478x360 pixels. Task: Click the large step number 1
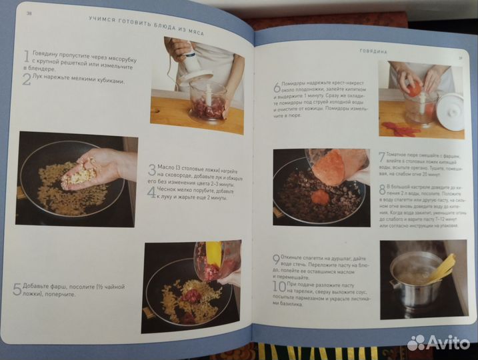(25, 58)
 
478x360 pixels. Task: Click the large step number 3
(151, 171)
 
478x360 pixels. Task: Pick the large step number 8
(382, 191)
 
